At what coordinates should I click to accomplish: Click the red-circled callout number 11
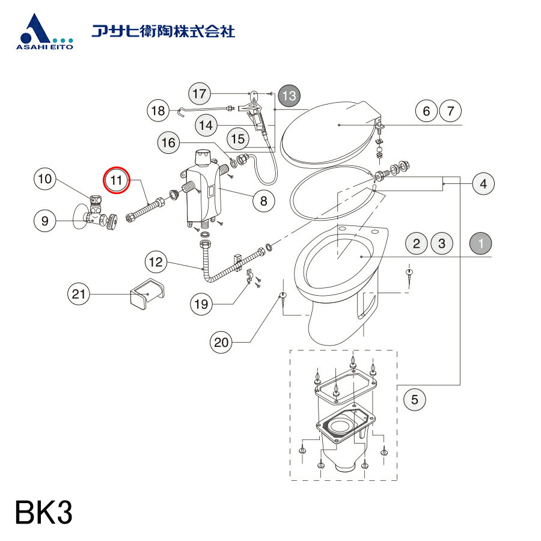click(x=116, y=180)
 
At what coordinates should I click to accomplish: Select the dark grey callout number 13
click(x=289, y=95)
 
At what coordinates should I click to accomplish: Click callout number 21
click(x=78, y=294)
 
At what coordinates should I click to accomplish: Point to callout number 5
click(x=415, y=397)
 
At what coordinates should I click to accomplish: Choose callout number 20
click(x=222, y=343)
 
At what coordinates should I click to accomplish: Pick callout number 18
click(x=158, y=111)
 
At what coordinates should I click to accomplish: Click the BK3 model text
click(x=44, y=515)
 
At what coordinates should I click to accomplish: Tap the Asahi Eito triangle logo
click(x=37, y=30)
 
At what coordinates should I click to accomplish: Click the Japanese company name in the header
click(x=162, y=31)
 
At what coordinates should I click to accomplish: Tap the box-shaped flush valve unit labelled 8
click(x=202, y=192)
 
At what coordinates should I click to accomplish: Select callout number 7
click(x=451, y=111)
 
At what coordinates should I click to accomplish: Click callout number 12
click(x=156, y=262)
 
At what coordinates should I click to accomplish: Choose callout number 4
click(x=483, y=184)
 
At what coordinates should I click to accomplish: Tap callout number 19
click(x=202, y=304)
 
